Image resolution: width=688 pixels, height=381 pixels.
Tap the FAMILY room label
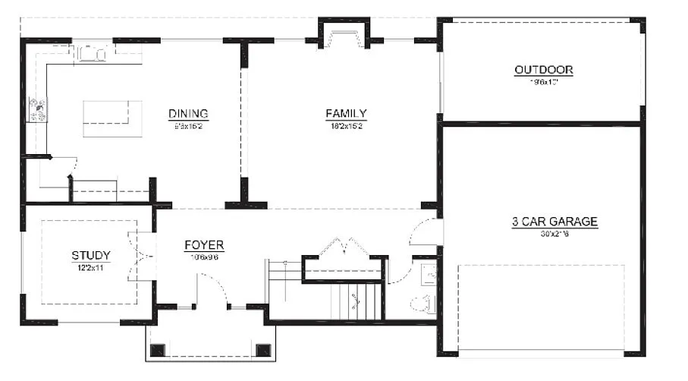pyautogui.click(x=346, y=114)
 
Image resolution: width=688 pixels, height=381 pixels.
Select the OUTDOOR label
pyautogui.click(x=543, y=70)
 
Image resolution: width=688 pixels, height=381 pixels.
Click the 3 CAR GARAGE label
pyautogui.click(x=554, y=222)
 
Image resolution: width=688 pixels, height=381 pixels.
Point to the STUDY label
pyautogui.click(x=91, y=255)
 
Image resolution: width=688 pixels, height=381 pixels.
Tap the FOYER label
pyautogui.click(x=204, y=245)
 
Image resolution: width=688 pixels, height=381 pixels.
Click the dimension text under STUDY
pyautogui.click(x=91, y=267)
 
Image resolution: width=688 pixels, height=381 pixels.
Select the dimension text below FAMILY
pyautogui.click(x=346, y=125)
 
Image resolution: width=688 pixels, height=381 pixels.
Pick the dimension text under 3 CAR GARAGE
pyautogui.click(x=554, y=234)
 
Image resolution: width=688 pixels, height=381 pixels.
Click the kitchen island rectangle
pyautogui.click(x=112, y=118)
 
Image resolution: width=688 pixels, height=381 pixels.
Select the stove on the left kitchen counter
pyautogui.click(x=36, y=110)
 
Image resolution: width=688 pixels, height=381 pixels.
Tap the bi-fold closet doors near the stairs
pyautogui.click(x=346, y=247)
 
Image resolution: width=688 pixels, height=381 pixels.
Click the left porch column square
pyautogui.click(x=159, y=350)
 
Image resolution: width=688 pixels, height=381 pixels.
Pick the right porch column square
pyautogui.click(x=263, y=350)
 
